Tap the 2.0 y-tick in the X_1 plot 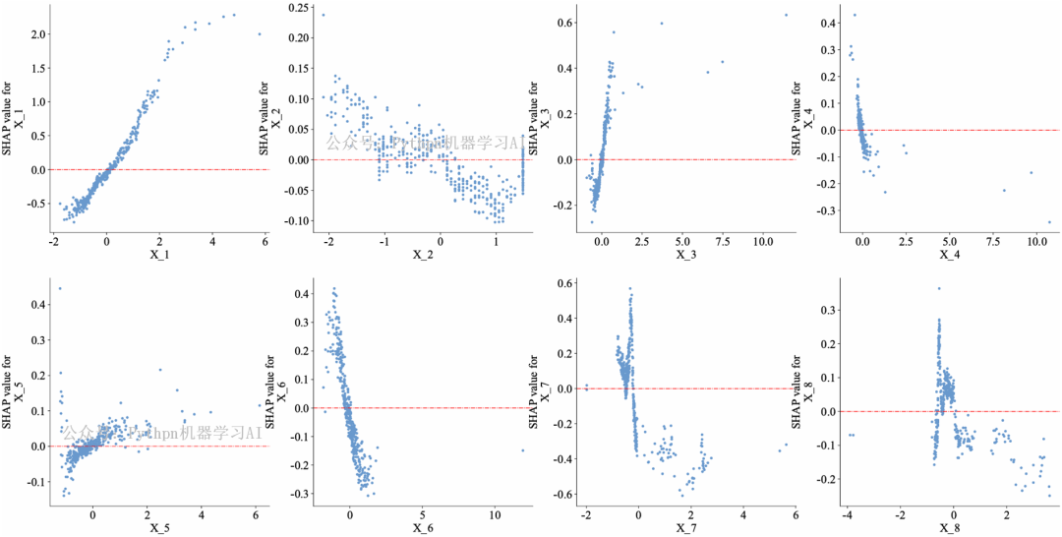pos(37,34)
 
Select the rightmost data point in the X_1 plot pos(260,33)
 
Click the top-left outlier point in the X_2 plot pos(323,14)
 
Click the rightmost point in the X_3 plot pos(786,15)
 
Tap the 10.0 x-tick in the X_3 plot pos(762,240)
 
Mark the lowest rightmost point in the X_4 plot pos(1048,222)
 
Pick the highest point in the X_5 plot pos(60,289)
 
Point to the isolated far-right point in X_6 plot pos(522,450)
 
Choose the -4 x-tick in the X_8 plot pos(848,514)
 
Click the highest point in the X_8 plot pos(938,289)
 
